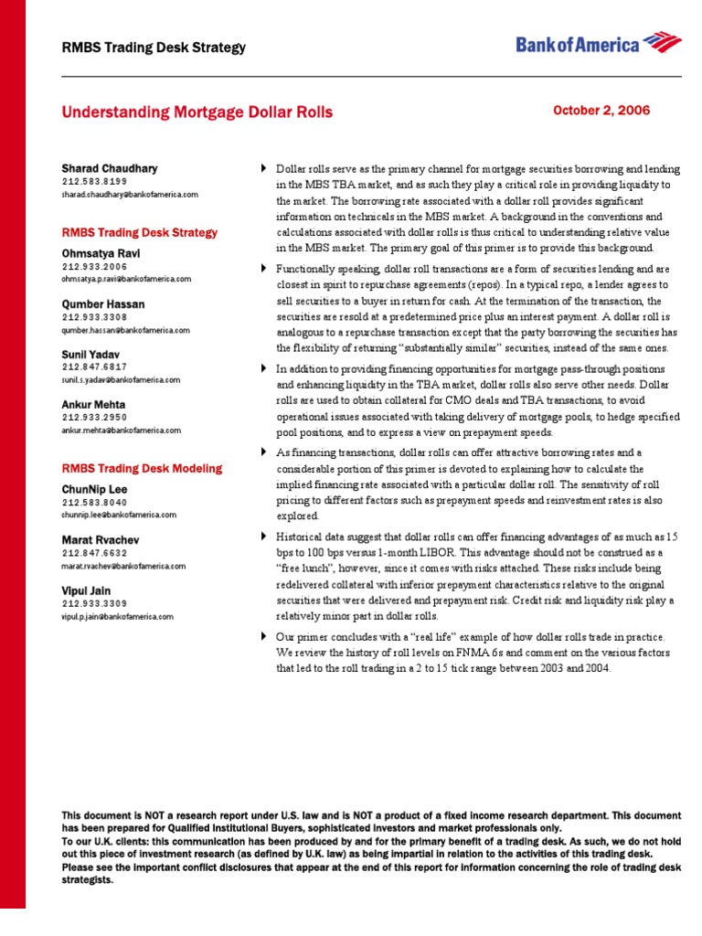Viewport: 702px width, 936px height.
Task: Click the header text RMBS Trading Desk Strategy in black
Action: [x=154, y=48]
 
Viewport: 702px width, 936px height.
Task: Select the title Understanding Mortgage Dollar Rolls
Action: [x=197, y=113]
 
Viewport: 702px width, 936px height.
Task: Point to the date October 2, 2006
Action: [x=601, y=111]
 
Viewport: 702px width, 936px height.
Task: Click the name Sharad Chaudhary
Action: [x=109, y=169]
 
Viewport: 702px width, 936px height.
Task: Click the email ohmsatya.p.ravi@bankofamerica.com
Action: [x=127, y=279]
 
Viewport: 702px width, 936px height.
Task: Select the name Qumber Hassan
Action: [x=102, y=304]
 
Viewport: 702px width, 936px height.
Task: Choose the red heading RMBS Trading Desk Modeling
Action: [x=142, y=469]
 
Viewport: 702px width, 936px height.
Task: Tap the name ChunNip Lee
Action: [x=96, y=489]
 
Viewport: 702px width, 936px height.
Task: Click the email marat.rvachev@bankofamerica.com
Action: [x=123, y=567]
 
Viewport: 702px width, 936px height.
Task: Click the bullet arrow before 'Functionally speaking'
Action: [x=265, y=269]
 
